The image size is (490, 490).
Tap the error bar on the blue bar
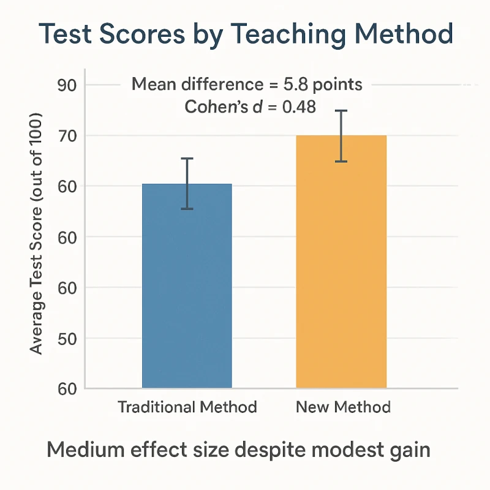[x=187, y=184]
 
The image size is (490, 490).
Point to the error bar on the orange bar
[x=341, y=136]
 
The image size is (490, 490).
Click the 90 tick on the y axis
[x=66, y=85]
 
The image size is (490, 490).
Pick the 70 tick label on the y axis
[x=66, y=136]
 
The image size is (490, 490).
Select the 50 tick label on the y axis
[x=66, y=338]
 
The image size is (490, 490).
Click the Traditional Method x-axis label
[x=187, y=407]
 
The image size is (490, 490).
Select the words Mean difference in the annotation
[x=196, y=85]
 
